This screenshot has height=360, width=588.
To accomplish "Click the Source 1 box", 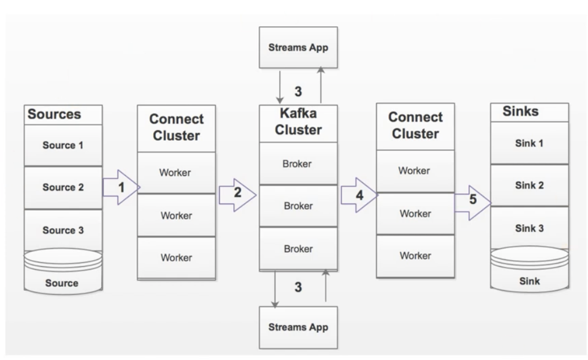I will coord(63,145).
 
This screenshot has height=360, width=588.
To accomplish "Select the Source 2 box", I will coord(63,187).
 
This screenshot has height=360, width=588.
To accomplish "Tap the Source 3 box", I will coord(63,231).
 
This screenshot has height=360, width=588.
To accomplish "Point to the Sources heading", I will coord(55,114).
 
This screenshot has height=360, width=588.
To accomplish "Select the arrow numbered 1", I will coord(121,186).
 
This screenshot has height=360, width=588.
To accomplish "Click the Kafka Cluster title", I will coord(298,122).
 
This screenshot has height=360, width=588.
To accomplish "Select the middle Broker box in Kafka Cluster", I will coord(298,206).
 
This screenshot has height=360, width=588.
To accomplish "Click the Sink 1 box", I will coord(529,143).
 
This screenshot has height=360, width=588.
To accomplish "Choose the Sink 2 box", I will coord(529,185).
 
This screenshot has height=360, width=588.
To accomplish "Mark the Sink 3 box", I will coord(529,228).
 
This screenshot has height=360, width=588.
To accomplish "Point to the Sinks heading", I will coord(520,111).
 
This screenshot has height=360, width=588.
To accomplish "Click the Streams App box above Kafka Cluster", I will coord(298,47).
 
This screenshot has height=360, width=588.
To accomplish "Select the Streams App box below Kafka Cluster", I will coord(298,327).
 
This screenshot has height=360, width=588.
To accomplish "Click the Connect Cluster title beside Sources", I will coord(176,128).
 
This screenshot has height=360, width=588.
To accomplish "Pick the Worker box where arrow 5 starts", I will coord(415,214).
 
